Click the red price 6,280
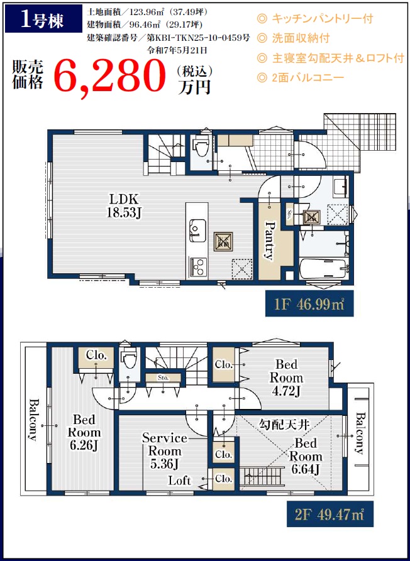(109, 76)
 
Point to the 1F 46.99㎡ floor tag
(304, 303)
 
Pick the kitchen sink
(197, 228)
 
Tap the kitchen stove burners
(197, 266)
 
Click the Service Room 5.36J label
(165, 450)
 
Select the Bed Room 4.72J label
(286, 378)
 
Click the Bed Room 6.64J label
(306, 457)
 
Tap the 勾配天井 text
(284, 424)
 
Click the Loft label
(180, 481)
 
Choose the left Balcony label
(33, 419)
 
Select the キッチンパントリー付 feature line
(315, 19)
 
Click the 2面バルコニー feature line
(301, 77)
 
